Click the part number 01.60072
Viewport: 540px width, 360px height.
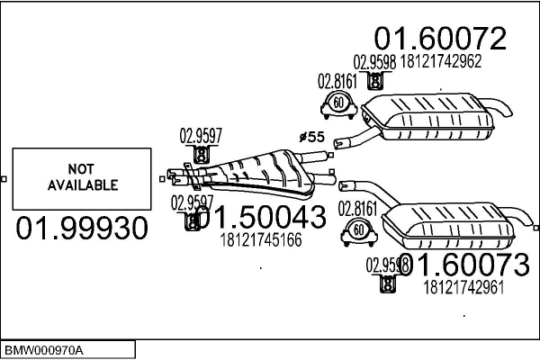(440, 38)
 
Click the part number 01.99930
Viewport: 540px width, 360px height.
(82, 229)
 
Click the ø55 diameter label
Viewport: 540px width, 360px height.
(310, 137)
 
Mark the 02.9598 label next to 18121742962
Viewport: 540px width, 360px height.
(373, 62)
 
